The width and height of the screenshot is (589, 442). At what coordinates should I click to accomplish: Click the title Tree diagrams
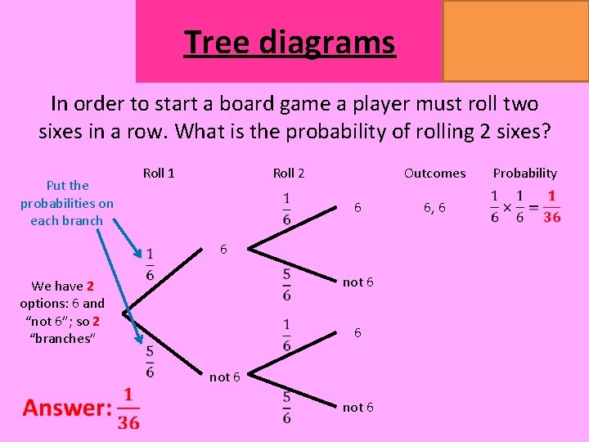click(x=290, y=42)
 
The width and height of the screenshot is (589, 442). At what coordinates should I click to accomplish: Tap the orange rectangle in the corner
click(x=515, y=40)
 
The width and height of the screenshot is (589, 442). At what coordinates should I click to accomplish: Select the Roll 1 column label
click(x=159, y=173)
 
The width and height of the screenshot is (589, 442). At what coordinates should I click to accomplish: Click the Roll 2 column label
click(x=288, y=173)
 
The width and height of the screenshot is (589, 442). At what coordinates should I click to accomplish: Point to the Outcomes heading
click(x=434, y=173)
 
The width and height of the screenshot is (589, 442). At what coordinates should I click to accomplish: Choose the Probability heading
click(x=524, y=173)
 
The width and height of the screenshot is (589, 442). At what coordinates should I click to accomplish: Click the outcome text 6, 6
click(x=434, y=208)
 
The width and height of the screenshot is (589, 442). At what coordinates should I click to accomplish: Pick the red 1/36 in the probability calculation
click(x=551, y=207)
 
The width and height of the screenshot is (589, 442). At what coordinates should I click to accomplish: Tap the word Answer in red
click(x=67, y=408)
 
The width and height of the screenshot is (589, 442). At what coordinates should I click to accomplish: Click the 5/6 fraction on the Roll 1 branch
click(x=150, y=362)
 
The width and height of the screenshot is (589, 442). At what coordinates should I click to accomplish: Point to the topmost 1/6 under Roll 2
click(x=286, y=208)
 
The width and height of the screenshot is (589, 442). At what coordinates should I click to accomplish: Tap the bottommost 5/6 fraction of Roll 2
click(x=286, y=407)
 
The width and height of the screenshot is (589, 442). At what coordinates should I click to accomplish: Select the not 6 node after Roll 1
click(x=225, y=377)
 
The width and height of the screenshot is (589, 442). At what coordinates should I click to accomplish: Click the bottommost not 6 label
click(x=358, y=407)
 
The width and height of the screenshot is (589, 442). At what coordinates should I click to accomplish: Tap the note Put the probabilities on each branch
click(x=66, y=202)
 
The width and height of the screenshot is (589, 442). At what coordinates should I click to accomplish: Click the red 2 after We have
click(x=90, y=286)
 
